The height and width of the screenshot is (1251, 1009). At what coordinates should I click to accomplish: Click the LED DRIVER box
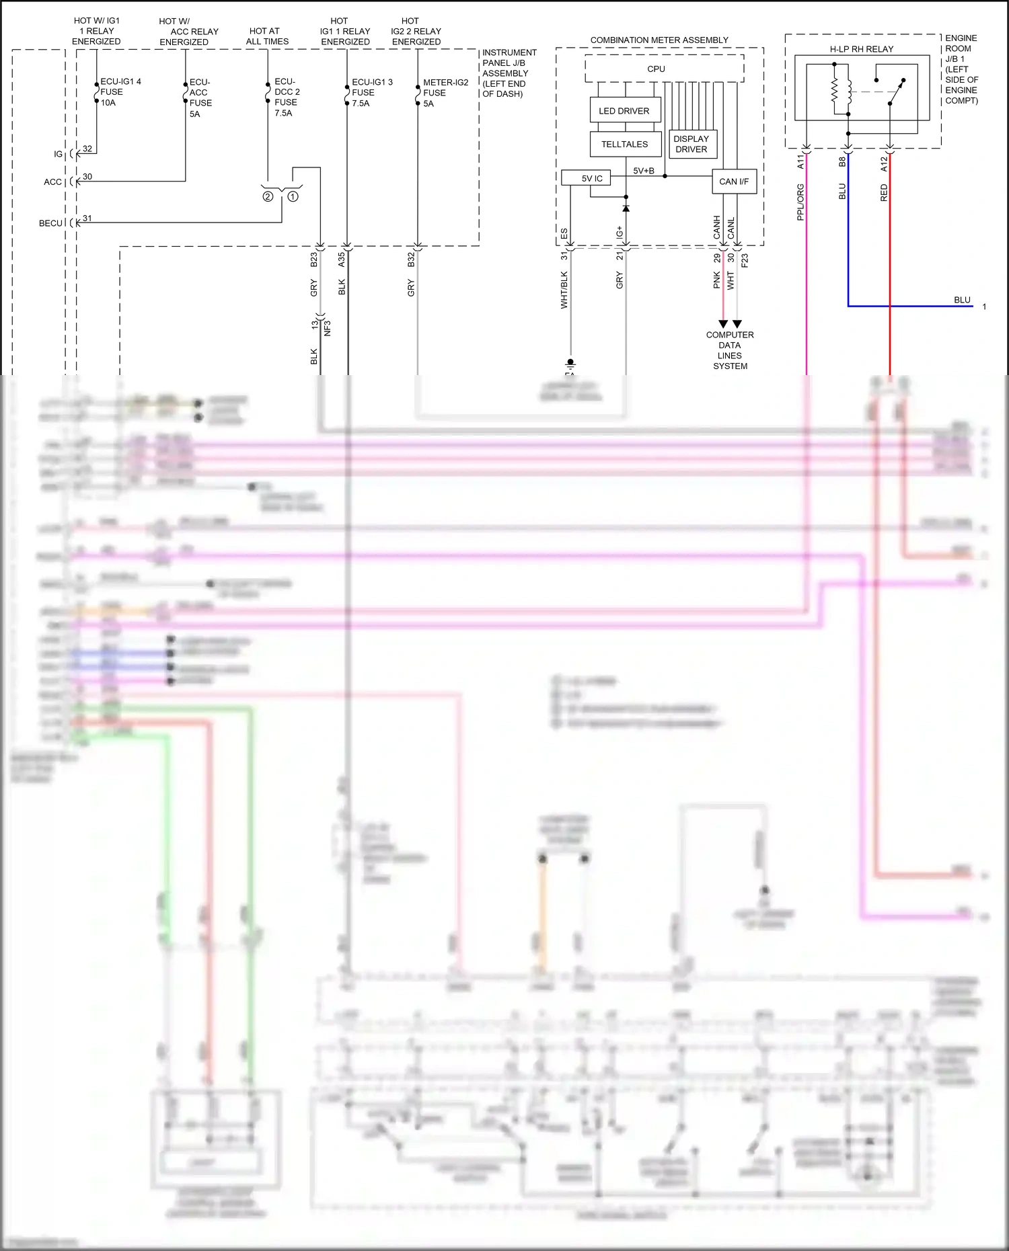[624, 110]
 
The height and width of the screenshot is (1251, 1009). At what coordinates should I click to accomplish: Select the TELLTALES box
[624, 144]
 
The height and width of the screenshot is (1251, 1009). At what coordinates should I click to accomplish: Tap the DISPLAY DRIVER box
[692, 144]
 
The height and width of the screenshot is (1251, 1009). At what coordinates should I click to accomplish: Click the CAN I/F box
[733, 181]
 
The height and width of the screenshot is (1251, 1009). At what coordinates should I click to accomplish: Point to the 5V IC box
[592, 178]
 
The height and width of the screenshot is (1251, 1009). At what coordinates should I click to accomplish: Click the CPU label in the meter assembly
[656, 69]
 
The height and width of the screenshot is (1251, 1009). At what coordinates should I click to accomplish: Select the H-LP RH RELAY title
[861, 49]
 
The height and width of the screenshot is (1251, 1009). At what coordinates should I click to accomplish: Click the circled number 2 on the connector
[268, 197]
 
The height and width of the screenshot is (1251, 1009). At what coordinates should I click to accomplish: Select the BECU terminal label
[50, 223]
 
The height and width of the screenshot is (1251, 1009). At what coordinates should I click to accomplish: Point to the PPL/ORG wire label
[800, 202]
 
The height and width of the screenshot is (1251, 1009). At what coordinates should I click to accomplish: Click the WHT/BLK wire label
[564, 290]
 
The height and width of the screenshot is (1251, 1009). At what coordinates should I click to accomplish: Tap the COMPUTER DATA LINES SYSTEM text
[730, 350]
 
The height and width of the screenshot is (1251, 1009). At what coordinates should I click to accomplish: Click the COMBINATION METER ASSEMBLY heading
[659, 40]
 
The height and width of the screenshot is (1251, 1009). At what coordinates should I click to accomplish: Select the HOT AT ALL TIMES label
[267, 36]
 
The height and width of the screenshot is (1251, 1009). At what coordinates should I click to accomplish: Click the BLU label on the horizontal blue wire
[962, 300]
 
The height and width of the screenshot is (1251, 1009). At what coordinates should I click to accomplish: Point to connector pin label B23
[313, 259]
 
